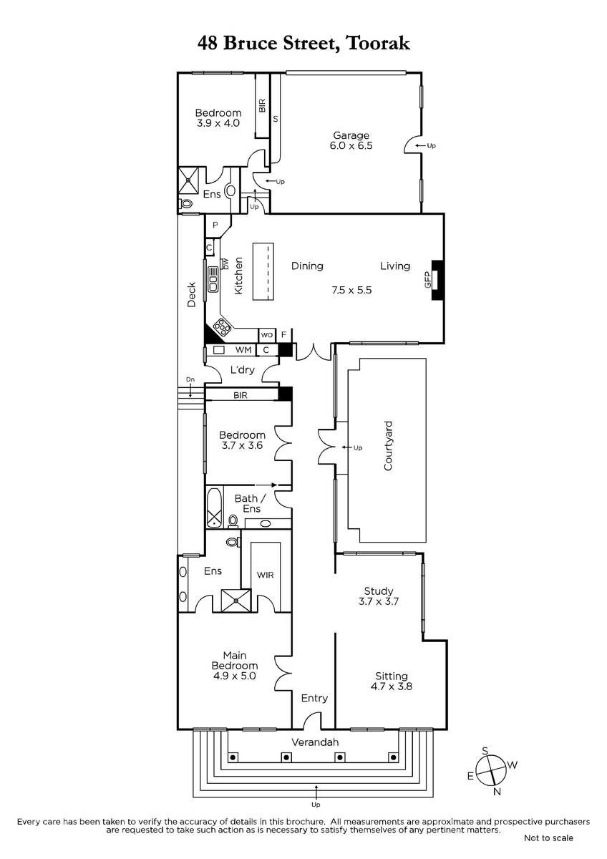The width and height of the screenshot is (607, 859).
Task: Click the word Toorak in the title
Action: click(x=378, y=44)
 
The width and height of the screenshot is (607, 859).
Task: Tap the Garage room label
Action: click(x=351, y=135)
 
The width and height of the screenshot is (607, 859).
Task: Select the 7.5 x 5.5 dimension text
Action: click(x=351, y=290)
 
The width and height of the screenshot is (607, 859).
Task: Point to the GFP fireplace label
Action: click(x=427, y=280)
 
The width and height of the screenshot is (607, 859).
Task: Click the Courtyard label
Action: click(x=388, y=445)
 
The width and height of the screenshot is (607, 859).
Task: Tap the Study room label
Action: click(x=379, y=591)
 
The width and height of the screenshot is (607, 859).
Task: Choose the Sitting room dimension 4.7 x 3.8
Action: click(x=391, y=686)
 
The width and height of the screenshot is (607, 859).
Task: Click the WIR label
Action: click(x=266, y=575)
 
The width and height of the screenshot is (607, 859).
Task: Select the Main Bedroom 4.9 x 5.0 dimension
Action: click(x=234, y=676)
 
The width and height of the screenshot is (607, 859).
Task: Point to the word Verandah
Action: click(x=315, y=742)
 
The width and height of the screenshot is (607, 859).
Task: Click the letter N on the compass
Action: click(x=497, y=791)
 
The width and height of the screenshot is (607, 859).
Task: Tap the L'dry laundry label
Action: click(x=243, y=369)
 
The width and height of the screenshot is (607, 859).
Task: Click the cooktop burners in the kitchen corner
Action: click(x=223, y=326)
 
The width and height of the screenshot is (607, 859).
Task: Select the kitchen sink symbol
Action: click(x=213, y=280)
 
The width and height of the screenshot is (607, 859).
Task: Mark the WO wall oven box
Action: click(x=266, y=335)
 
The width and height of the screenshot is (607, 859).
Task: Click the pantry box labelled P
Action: click(x=215, y=225)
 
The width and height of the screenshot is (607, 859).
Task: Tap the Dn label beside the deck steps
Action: click(x=190, y=379)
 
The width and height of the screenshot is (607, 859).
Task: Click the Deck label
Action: click(x=191, y=294)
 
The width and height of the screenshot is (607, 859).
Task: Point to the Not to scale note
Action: click(x=548, y=849)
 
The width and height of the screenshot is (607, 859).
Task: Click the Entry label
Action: click(x=314, y=698)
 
